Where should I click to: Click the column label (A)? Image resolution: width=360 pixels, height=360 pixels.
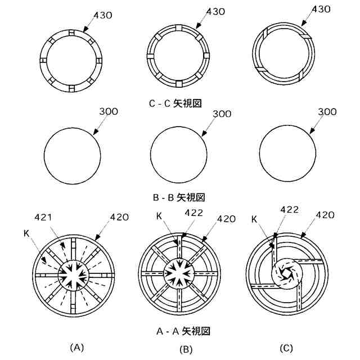pyautogui.click(x=76, y=348)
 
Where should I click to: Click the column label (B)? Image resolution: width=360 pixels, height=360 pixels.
pyautogui.click(x=186, y=349)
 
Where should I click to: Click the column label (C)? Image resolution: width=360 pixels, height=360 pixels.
pyautogui.click(x=286, y=348)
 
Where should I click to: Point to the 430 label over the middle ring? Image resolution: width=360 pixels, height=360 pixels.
pyautogui.click(x=217, y=11)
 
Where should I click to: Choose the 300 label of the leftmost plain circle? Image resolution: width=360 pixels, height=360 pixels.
pyautogui.click(x=108, y=111)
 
